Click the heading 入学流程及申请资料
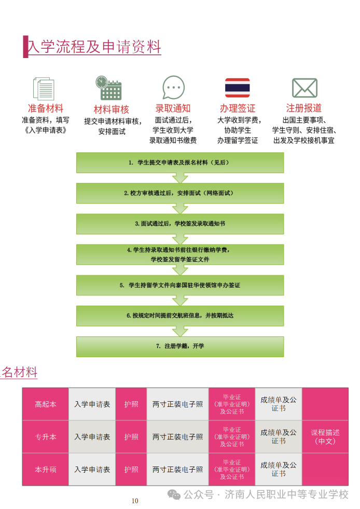point(94,47)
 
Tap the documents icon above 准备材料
point(44,88)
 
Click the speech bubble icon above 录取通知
point(173,88)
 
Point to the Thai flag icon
point(237,88)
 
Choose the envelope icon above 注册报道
point(304,88)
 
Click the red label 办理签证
point(238,108)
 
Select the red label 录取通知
point(173,108)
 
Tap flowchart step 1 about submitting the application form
point(180,162)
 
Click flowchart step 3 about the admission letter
point(180,224)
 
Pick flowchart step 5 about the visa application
point(180,285)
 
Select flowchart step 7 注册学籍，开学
point(180,346)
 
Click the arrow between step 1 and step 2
point(180,178)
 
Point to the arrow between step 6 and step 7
point(180,331)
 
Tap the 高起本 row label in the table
point(46,404)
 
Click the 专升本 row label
point(46,436)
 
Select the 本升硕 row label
point(46,469)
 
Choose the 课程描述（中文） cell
point(325,436)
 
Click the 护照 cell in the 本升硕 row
point(131,469)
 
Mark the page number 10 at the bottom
point(135,501)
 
